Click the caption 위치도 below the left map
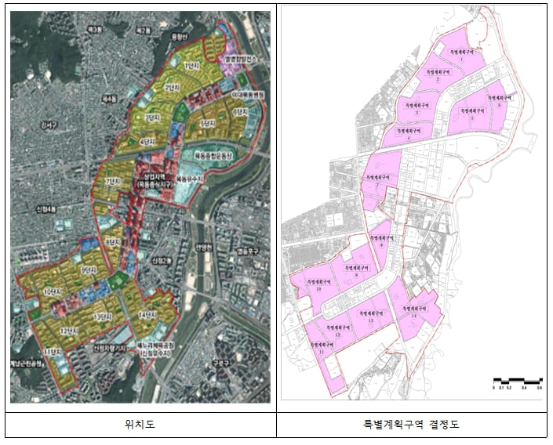click(140, 425)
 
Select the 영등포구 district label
click(249, 251)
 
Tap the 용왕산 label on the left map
click(180, 35)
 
